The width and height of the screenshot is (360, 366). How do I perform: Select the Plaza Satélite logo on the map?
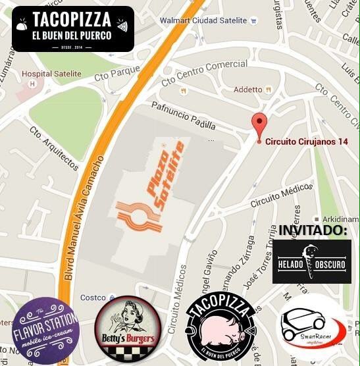pos(150,196)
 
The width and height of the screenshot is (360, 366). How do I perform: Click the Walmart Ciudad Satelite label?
pos(203,20)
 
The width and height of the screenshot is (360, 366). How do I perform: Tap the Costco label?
pos(92,298)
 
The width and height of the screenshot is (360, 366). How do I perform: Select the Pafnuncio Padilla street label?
pos(183,116)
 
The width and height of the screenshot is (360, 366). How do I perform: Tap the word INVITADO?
pos(313,230)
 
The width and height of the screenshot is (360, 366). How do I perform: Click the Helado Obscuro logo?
pos(311,261)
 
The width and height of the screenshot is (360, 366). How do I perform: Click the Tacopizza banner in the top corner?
pos(73,28)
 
